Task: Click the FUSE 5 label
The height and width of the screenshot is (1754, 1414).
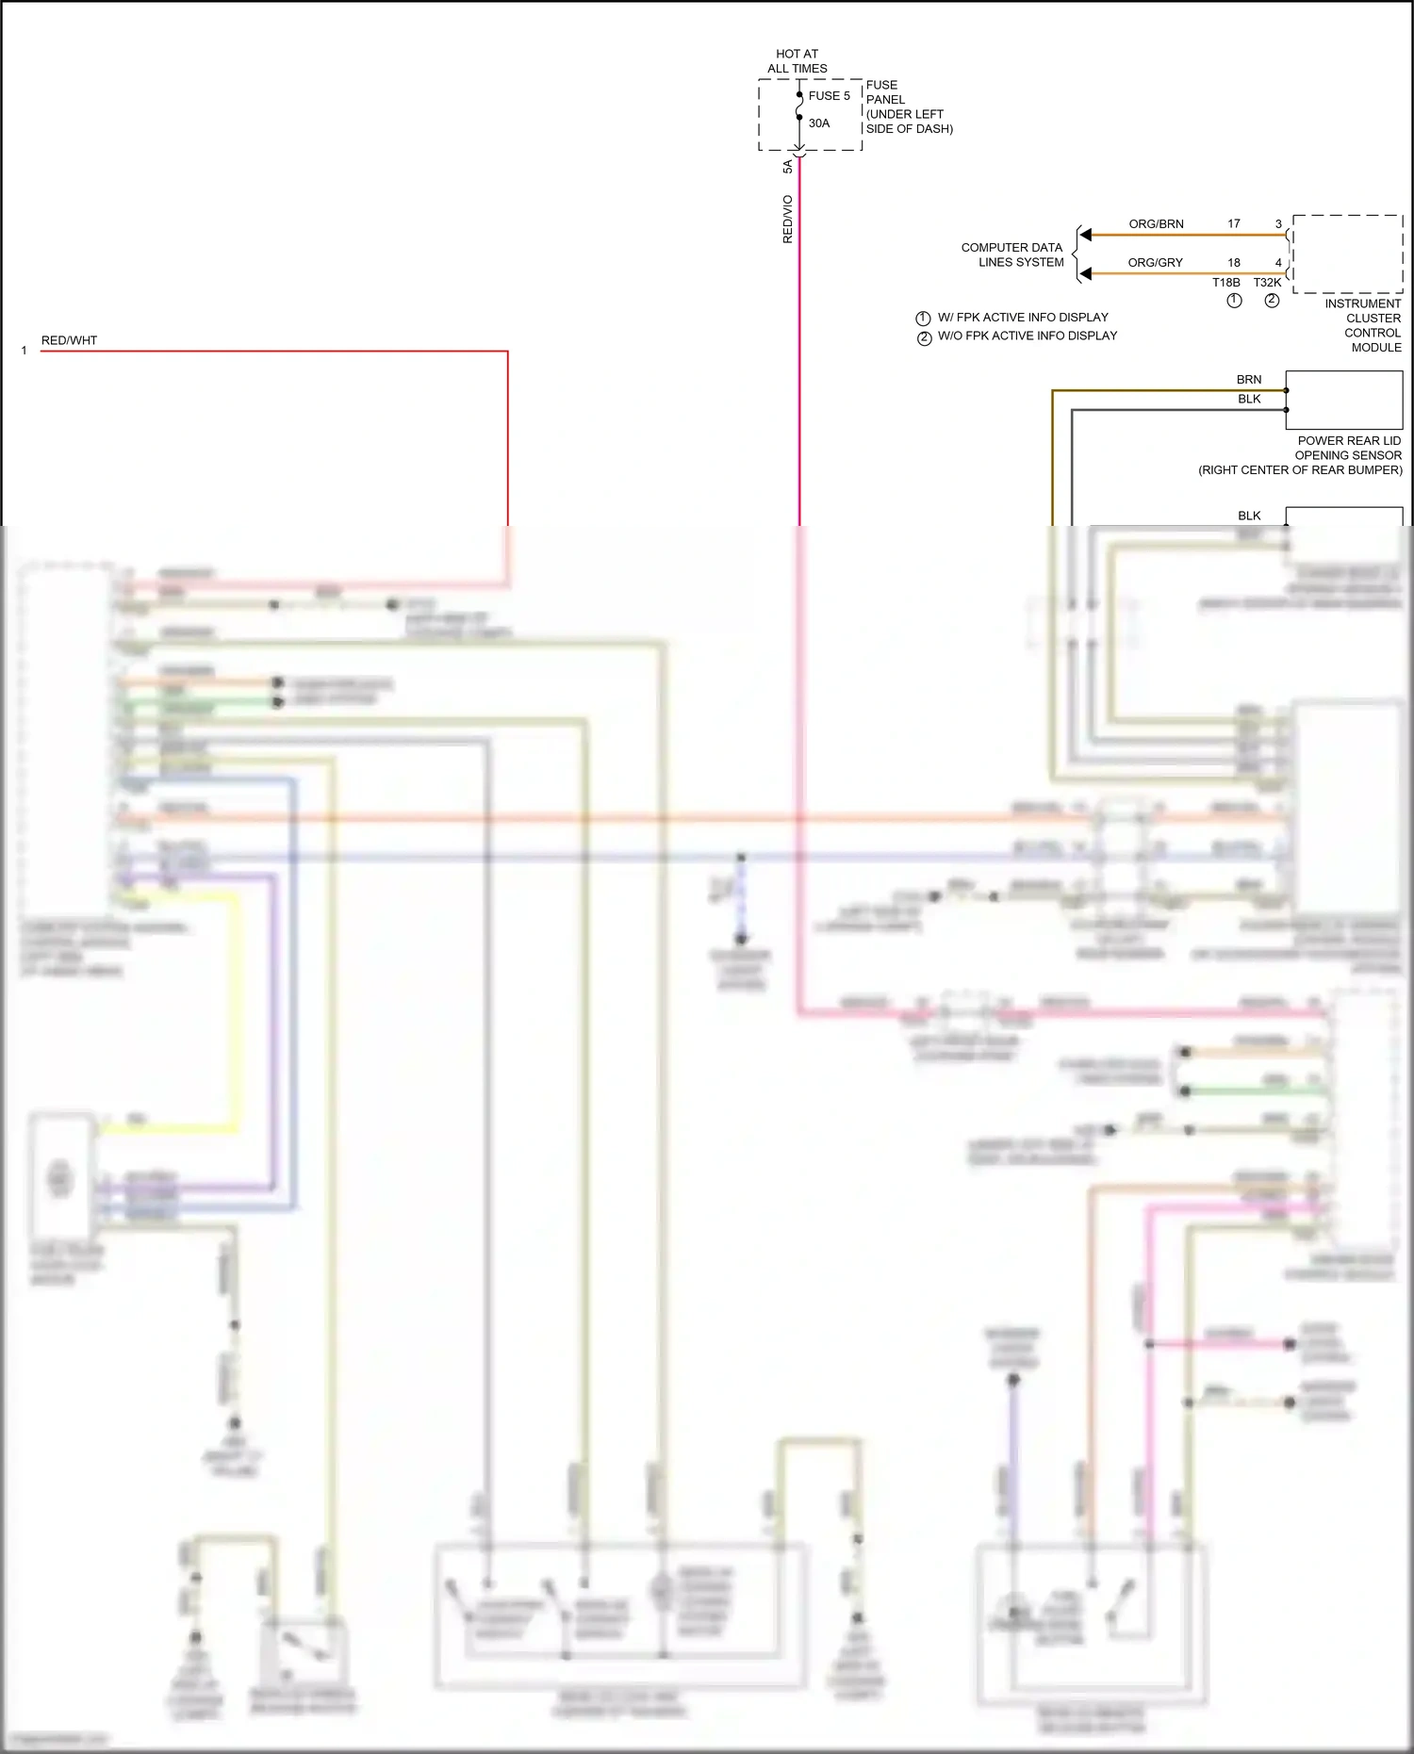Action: click(x=829, y=95)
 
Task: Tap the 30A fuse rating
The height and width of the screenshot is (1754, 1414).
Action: click(x=819, y=123)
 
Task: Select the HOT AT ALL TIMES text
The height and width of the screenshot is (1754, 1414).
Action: click(x=797, y=61)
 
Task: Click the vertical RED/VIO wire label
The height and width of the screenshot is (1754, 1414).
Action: click(x=787, y=219)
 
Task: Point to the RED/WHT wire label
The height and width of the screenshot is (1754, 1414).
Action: click(x=69, y=340)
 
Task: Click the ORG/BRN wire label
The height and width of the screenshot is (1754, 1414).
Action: click(x=1156, y=224)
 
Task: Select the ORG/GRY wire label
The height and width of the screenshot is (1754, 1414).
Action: click(x=1155, y=263)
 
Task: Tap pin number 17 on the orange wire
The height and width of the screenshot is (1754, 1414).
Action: click(x=1233, y=224)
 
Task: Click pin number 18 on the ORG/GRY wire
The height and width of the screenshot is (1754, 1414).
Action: click(x=1233, y=263)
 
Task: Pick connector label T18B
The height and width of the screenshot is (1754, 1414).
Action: click(x=1225, y=283)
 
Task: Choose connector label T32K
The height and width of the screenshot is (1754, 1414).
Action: click(x=1267, y=283)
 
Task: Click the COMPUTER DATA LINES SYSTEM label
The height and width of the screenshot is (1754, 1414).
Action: click(x=1012, y=254)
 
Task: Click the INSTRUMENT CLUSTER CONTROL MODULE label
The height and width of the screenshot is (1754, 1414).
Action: click(x=1364, y=325)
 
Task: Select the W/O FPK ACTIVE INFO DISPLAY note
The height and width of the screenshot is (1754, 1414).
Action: click(x=1027, y=336)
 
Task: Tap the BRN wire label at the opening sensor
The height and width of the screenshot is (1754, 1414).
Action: click(x=1248, y=380)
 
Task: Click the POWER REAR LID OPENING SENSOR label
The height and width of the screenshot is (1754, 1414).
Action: click(x=1301, y=455)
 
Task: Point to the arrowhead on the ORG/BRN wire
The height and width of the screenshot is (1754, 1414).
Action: click(x=1086, y=235)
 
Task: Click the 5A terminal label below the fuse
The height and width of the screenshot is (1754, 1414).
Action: click(x=787, y=167)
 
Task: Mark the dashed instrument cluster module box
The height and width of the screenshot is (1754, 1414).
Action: click(x=1347, y=254)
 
